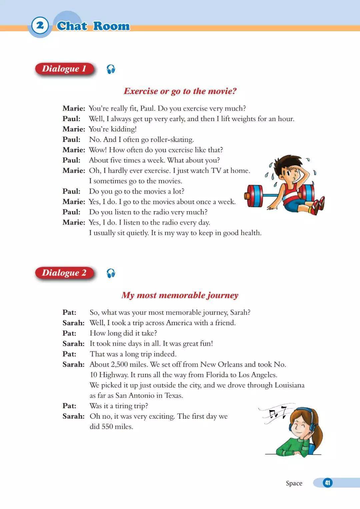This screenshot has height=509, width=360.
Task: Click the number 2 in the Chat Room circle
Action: click(40, 25)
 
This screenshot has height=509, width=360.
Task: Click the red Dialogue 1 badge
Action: click(64, 69)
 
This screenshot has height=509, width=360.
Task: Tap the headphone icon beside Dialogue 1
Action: click(111, 69)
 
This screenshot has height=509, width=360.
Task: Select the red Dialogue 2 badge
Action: click(64, 273)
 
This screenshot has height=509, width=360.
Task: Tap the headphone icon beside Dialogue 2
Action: click(111, 274)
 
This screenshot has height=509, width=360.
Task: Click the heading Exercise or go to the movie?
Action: click(180, 91)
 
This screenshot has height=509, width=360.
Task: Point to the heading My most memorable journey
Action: click(180, 295)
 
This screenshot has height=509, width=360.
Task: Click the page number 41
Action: click(327, 483)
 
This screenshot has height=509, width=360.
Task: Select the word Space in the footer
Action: click(294, 483)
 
